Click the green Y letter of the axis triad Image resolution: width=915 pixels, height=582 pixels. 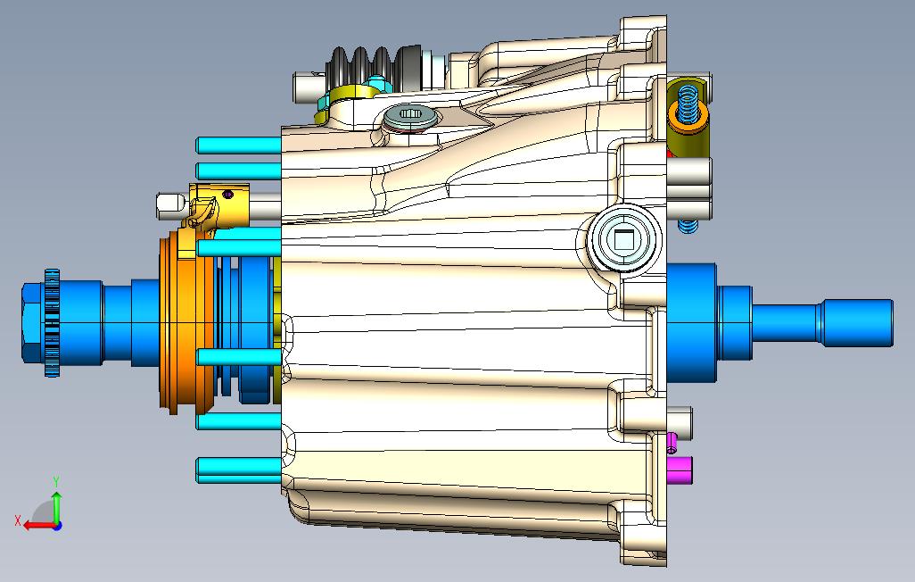(x=56, y=481)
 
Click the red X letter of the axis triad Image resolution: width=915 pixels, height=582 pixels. (x=18, y=520)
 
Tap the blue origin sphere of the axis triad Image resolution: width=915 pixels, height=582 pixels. (x=57, y=526)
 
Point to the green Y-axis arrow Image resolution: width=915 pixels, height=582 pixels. (x=56, y=507)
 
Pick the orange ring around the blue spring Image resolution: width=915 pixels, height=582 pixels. (x=688, y=117)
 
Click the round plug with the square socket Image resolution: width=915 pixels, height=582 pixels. (x=623, y=239)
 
